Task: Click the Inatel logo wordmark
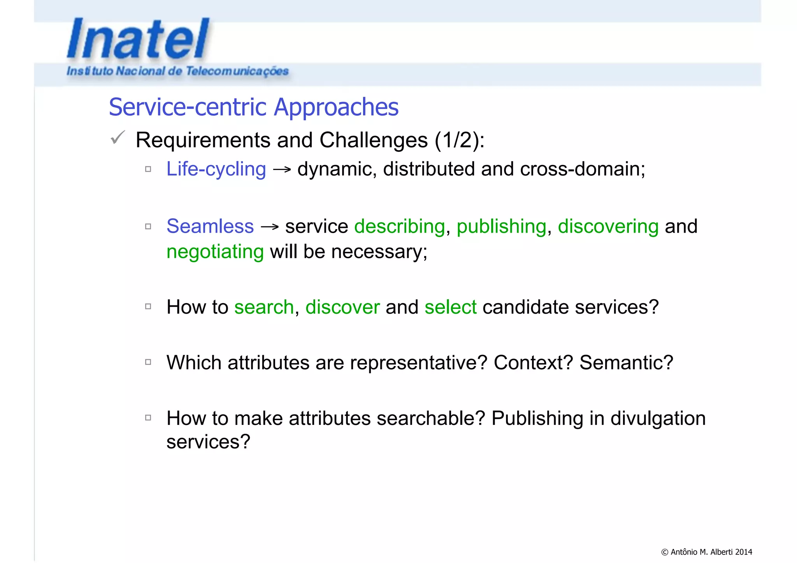point(138,39)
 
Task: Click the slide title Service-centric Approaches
point(253,107)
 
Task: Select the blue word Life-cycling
point(216,169)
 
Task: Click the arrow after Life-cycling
point(282,170)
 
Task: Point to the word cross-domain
point(580,169)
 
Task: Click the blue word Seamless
point(210,226)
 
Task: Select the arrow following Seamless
point(269,227)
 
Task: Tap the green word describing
point(399,226)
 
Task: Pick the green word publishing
point(501,226)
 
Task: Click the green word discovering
point(608,226)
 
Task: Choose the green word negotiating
point(215,252)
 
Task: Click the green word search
point(264,307)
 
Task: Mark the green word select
point(450,307)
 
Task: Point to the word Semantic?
point(626,363)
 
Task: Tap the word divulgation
point(658,419)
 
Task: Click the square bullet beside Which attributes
point(148,362)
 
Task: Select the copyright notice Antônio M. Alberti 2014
point(706,552)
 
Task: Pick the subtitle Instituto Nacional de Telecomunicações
point(177,71)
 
